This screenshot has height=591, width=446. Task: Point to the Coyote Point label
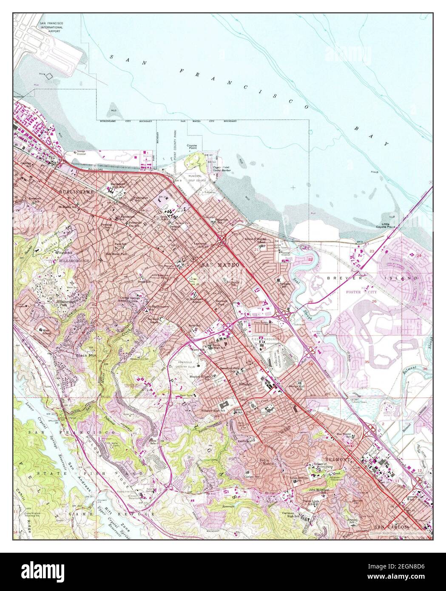(x=192, y=147)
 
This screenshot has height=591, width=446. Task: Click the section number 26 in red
(x=375, y=301)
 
